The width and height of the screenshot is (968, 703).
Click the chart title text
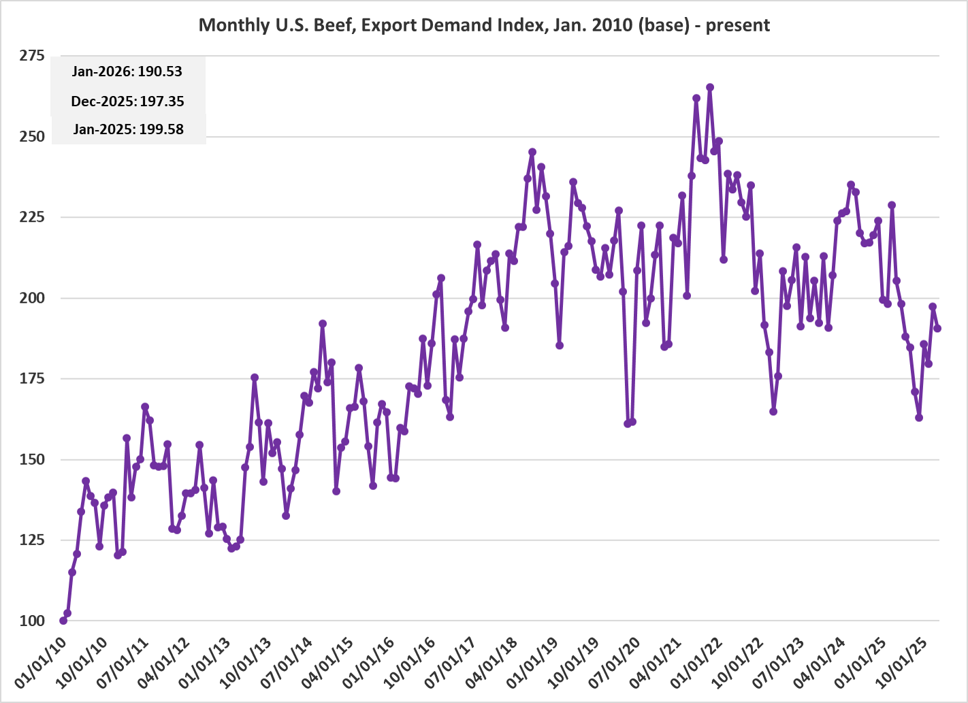click(484, 25)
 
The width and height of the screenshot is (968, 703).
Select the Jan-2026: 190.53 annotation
click(127, 71)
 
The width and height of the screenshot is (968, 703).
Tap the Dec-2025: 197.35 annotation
click(127, 101)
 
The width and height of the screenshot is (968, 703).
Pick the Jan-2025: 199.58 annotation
click(128, 129)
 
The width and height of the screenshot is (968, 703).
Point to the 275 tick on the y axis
click(32, 56)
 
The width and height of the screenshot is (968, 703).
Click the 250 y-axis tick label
click(32, 137)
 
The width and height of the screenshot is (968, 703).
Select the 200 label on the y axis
click(32, 298)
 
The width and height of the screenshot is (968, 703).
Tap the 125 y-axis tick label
click(32, 540)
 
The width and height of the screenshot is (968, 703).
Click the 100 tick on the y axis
click(32, 621)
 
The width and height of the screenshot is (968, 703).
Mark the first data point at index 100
click(63, 621)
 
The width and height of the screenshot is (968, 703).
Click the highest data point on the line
click(710, 87)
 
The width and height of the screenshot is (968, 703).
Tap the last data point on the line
click(937, 328)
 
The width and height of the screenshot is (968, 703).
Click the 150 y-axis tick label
click(32, 459)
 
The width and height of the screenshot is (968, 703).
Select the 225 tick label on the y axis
click(32, 217)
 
